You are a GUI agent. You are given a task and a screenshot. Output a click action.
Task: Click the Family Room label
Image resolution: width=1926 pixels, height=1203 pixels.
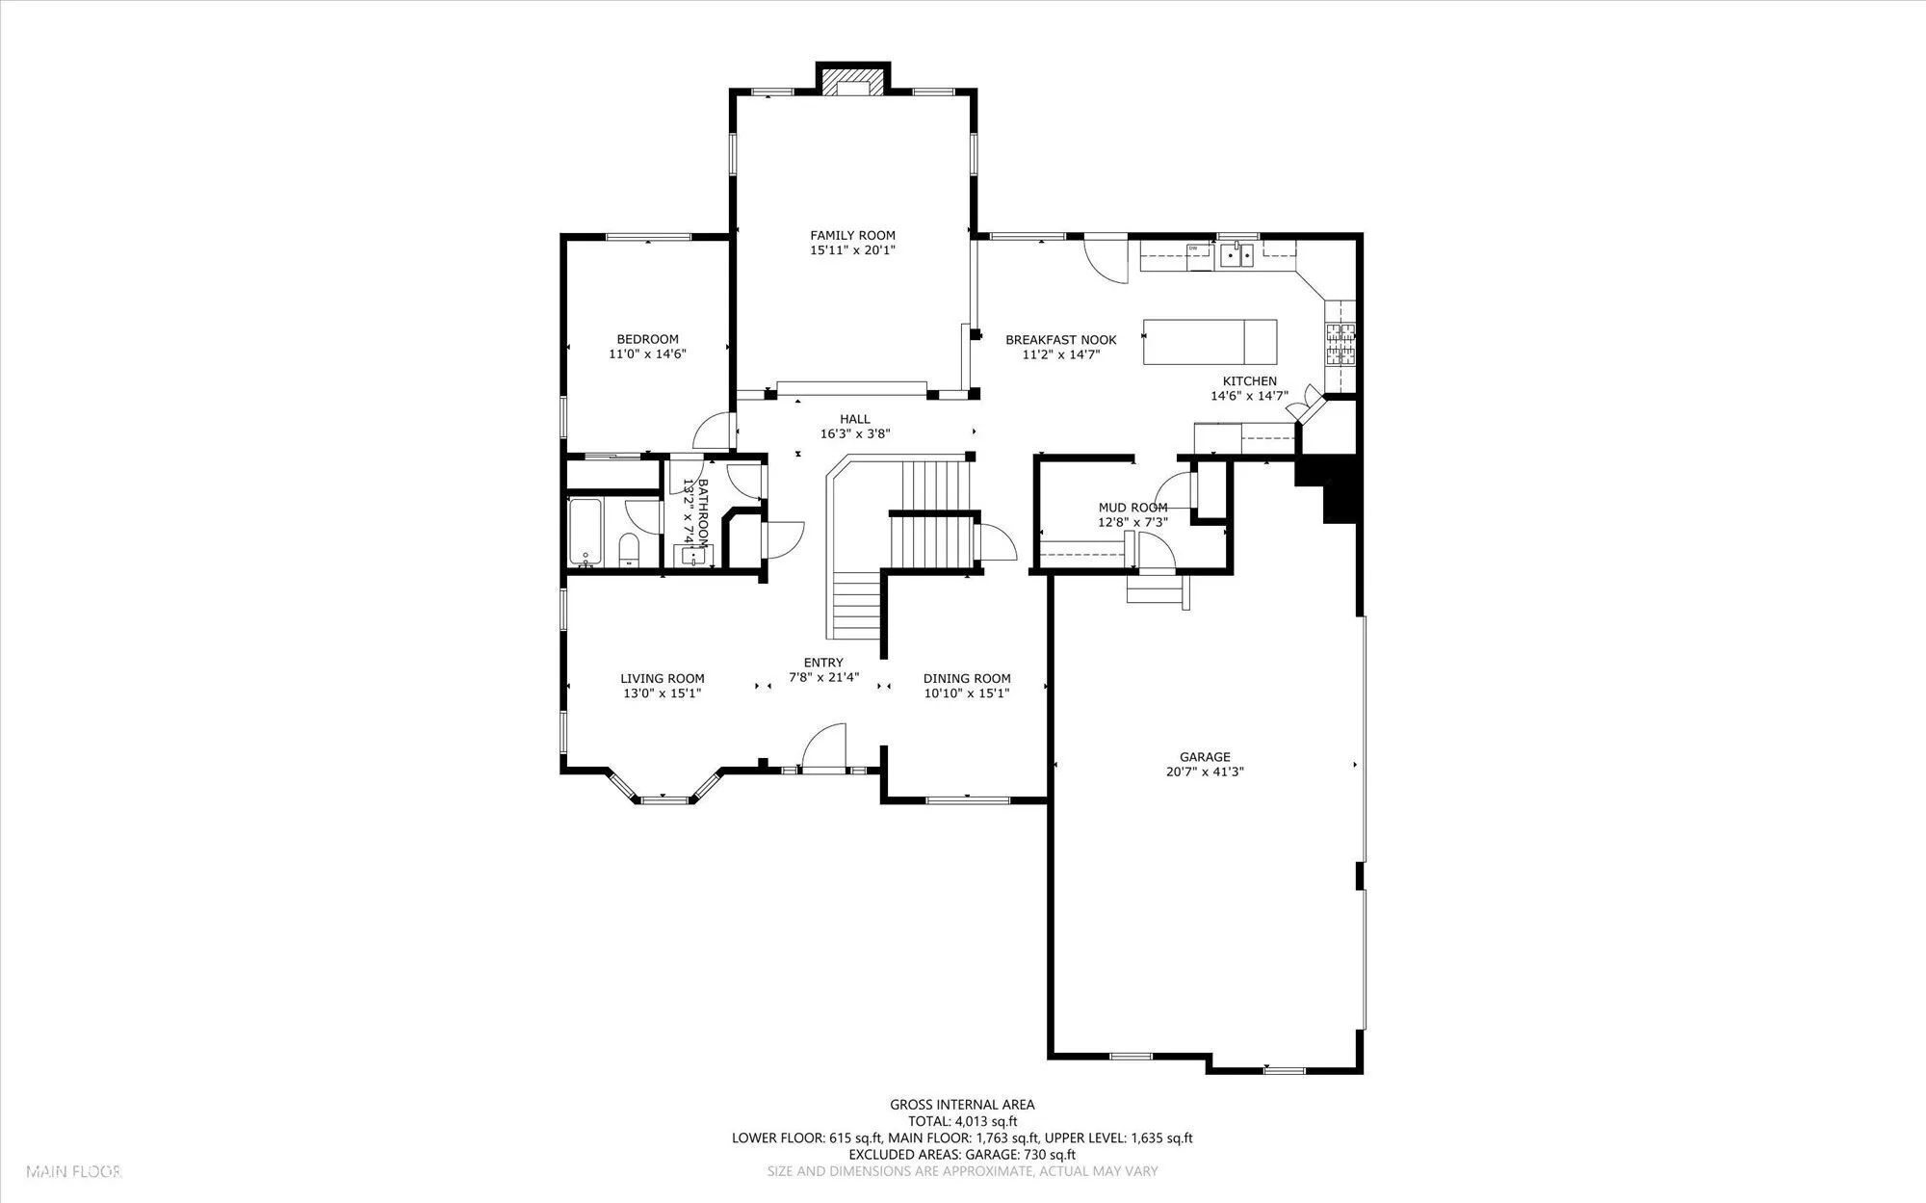pyautogui.click(x=852, y=235)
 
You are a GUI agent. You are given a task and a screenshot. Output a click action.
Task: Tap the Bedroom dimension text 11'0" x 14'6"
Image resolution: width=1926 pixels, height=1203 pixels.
pyautogui.click(x=647, y=353)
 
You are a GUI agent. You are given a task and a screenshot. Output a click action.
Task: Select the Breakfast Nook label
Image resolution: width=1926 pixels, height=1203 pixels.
pyautogui.click(x=1061, y=340)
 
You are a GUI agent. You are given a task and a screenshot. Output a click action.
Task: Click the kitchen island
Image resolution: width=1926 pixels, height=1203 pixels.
pyautogui.click(x=1210, y=342)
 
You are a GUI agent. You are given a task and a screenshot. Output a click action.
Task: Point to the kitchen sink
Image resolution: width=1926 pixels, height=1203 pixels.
pyautogui.click(x=1236, y=254)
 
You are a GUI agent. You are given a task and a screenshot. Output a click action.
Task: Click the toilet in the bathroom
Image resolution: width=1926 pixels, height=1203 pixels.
pyautogui.click(x=628, y=550)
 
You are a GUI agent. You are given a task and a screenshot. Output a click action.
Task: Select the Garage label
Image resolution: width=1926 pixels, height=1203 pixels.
pyautogui.click(x=1205, y=757)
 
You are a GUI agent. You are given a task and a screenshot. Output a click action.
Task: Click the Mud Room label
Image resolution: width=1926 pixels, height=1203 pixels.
pyautogui.click(x=1132, y=508)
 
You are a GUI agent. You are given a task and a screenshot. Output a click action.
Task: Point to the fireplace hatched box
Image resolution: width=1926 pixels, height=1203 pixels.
pyautogui.click(x=852, y=79)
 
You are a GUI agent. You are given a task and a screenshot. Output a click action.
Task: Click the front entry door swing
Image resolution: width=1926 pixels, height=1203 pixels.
pyautogui.click(x=823, y=747)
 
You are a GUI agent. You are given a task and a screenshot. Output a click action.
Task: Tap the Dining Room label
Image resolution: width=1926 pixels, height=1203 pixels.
pyautogui.click(x=967, y=678)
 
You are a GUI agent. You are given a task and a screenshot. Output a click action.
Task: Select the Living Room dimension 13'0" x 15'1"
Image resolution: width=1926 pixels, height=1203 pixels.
pyautogui.click(x=662, y=693)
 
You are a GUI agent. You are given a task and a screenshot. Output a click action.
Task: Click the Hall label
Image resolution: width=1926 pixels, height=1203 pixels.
pyautogui.click(x=854, y=419)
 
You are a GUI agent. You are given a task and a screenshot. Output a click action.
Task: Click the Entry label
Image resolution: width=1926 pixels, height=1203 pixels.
pyautogui.click(x=823, y=663)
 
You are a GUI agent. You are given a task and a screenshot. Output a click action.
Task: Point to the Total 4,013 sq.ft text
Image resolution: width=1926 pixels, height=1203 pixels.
pyautogui.click(x=963, y=1121)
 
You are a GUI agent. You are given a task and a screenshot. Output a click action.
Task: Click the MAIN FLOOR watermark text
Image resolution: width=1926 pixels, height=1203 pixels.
pyautogui.click(x=73, y=1172)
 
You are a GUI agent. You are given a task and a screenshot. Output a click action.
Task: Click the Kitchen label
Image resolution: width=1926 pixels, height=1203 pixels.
pyautogui.click(x=1249, y=381)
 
